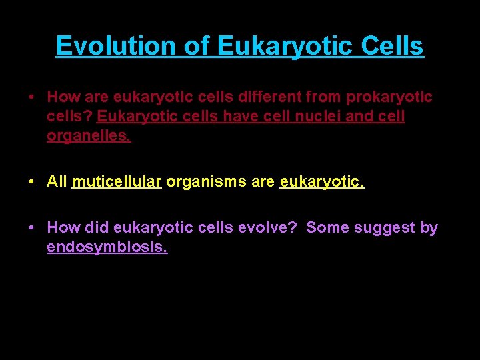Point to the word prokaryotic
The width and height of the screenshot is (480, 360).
[x=389, y=97]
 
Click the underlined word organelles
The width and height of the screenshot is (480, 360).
[x=89, y=137]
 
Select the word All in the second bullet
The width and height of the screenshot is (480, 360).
[x=57, y=182]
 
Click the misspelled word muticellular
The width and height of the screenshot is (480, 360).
[x=117, y=182]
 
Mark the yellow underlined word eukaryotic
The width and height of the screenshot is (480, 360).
[x=322, y=182]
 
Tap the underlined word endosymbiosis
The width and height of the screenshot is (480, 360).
[x=107, y=248]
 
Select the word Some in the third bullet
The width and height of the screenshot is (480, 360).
[x=327, y=227]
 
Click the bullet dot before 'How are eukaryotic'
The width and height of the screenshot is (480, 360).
[x=33, y=98]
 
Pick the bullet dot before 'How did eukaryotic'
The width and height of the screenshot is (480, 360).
[x=33, y=228]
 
